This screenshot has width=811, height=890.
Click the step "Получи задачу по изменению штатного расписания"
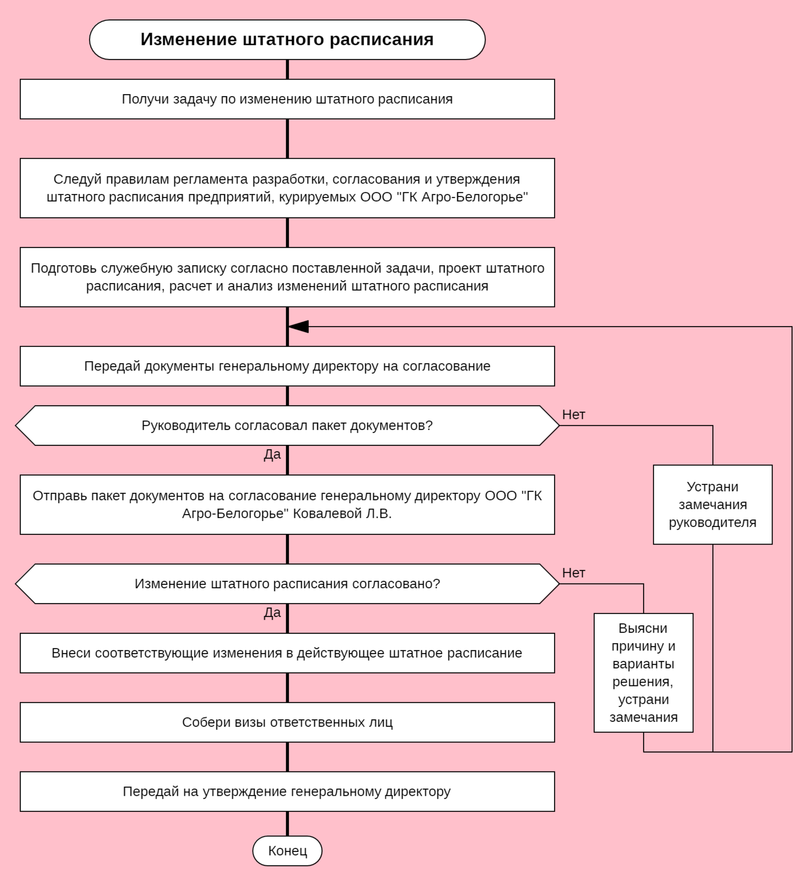pos(287,99)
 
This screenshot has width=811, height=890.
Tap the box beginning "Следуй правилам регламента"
pos(287,188)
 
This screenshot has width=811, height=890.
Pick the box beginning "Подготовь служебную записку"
pos(287,277)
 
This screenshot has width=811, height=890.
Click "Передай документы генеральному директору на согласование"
pos(287,366)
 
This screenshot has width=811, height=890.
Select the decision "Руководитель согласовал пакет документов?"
pos(287,426)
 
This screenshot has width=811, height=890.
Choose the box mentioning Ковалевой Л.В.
pos(287,505)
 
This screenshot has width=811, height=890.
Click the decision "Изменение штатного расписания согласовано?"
pos(287,584)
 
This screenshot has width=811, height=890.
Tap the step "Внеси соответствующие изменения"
pos(287,653)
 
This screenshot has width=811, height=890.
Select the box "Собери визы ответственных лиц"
pos(287,722)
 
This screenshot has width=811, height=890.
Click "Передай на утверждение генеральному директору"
pos(287,792)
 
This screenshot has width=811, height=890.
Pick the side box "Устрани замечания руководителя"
pos(713,505)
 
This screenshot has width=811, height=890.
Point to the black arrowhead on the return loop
pos(299,327)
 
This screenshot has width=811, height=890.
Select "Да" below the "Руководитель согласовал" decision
pos(272,454)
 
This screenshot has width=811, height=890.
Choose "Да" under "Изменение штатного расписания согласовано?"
pos(272,612)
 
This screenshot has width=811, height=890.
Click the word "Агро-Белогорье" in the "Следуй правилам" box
pos(474,197)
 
